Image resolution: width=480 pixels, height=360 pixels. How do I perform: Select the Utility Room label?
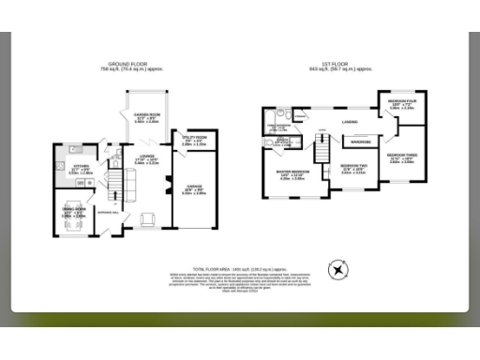click(x=194, y=142)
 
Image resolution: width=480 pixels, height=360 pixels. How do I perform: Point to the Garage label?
click(x=194, y=187)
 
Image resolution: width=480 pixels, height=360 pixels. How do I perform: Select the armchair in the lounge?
click(x=148, y=219)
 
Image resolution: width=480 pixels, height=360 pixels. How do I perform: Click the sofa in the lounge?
click(x=133, y=192)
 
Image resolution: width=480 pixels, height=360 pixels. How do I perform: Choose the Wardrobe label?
click(x=359, y=142)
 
